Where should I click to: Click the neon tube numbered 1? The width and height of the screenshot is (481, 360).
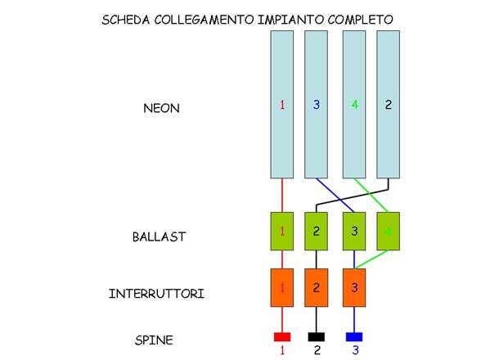[x=282, y=105]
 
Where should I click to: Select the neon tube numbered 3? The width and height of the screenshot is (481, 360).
[x=316, y=105]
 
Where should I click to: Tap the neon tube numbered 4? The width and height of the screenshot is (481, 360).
[x=354, y=105]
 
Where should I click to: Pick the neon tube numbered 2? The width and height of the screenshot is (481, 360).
[x=388, y=105]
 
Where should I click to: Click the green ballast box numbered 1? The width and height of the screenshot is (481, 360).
[x=282, y=231]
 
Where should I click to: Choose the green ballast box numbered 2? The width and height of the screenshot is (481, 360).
[x=316, y=231]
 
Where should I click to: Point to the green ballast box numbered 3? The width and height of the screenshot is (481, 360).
[x=354, y=231]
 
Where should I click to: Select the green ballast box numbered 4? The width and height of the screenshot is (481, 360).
[x=388, y=231]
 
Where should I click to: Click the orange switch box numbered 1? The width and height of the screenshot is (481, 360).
[x=282, y=287]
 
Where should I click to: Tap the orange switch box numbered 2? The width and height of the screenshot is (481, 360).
[x=316, y=287]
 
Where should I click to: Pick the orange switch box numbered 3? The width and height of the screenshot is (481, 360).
[x=354, y=287]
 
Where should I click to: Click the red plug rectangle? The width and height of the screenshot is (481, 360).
[x=282, y=337]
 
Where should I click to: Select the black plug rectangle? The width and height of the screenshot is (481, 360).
[x=316, y=337]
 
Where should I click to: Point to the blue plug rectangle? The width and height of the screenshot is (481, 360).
[x=354, y=337]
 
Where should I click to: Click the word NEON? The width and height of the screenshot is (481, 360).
[x=161, y=108]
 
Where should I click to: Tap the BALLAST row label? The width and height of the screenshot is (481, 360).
[x=159, y=236]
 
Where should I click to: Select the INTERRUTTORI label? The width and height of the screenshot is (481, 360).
[x=156, y=294]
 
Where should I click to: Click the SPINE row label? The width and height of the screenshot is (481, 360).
[x=154, y=340]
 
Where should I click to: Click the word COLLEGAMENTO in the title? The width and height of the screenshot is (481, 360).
[x=204, y=20]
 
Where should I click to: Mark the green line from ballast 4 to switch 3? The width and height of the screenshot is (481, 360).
[x=371, y=259]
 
